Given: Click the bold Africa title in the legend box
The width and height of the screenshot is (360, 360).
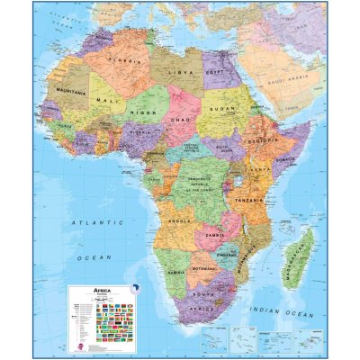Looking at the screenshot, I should coord(106,290).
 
